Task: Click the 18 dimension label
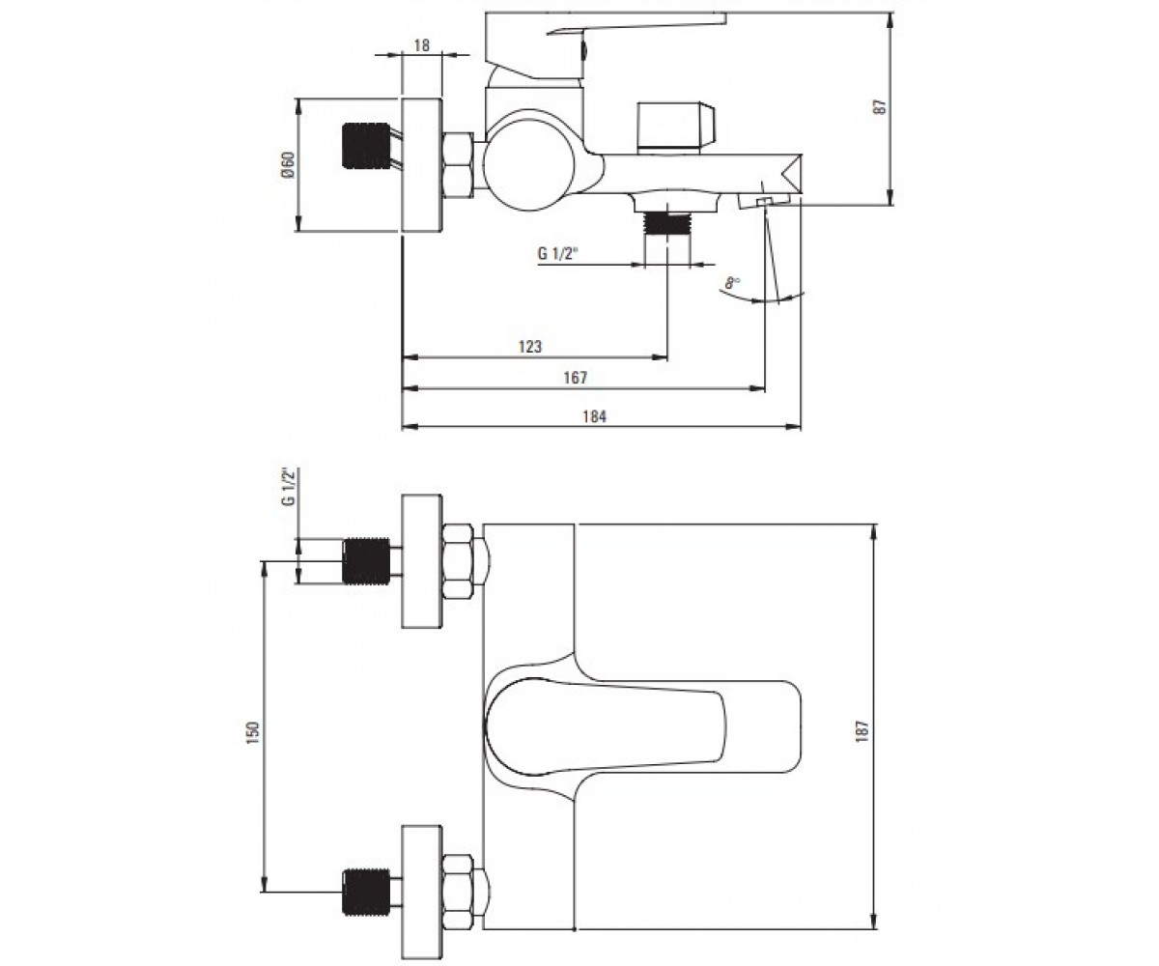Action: [x=422, y=45]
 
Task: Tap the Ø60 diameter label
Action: [x=289, y=165]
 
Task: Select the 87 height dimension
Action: [x=880, y=107]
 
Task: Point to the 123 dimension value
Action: [x=530, y=347]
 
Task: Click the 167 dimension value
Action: [x=575, y=378]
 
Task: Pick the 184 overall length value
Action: [x=594, y=416]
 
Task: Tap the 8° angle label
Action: [x=733, y=283]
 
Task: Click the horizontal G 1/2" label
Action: [x=558, y=254]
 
